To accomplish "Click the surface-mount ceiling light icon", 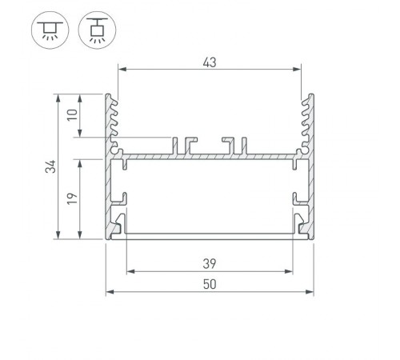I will point(46,30).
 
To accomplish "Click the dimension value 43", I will point(210,59).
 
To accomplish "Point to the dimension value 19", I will point(71,198).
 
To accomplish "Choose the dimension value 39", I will point(210,262).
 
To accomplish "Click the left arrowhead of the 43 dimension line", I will point(122,70).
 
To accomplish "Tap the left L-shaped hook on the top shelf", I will point(190,143).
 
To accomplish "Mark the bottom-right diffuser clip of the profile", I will point(301,226).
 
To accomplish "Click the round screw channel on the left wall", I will point(117,147).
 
